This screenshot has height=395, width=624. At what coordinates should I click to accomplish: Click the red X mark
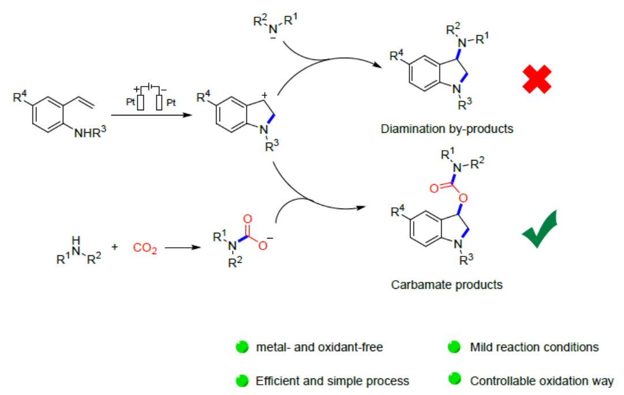537,79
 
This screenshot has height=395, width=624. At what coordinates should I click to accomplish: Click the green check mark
540,230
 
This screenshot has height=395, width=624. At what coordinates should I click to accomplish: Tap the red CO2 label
145,248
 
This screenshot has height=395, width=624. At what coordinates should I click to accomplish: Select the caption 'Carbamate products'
447,285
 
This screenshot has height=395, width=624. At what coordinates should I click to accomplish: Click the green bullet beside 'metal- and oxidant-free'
242,348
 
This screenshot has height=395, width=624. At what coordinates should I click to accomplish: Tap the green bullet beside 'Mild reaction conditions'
455,348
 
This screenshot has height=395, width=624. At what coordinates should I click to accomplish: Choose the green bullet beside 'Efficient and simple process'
242,381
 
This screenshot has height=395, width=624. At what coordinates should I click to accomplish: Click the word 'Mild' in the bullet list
482,348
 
